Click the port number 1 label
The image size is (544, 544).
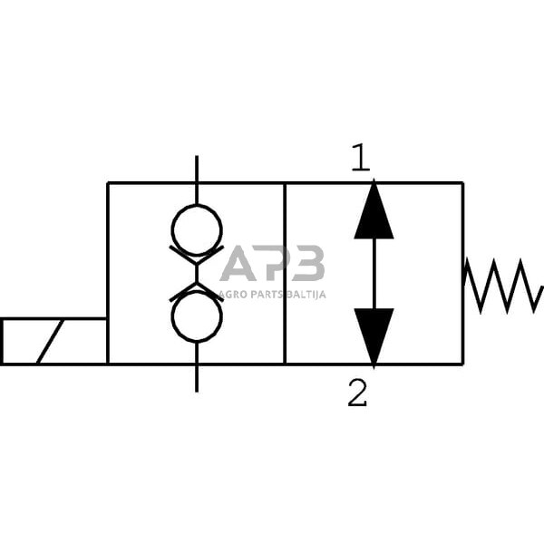tap(361, 160)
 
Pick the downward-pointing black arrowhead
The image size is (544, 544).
tap(374, 336)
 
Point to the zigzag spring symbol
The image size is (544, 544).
tap(503, 285)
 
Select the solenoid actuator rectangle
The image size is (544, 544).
tap(54, 341)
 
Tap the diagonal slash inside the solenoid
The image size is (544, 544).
tap(50, 341)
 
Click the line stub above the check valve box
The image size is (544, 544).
tap(197, 169)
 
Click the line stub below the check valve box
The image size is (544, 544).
tap(197, 377)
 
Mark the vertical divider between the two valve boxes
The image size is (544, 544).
tap(285, 272)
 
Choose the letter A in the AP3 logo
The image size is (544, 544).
tap(238, 264)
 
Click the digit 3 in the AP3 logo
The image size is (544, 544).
tap(308, 264)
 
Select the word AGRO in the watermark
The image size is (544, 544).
tap(232, 294)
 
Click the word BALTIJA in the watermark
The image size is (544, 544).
tap(306, 294)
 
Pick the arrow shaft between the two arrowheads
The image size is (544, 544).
tap(374, 273)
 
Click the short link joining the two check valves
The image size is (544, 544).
tap(197, 273)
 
